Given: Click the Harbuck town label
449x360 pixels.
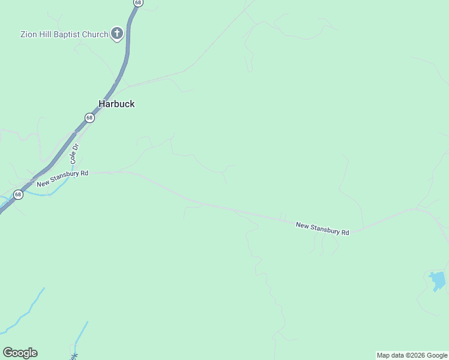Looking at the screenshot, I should click(x=116, y=104).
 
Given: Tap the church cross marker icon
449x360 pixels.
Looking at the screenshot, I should click(x=117, y=34).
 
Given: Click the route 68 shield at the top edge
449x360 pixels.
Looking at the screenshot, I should click(x=138, y=3).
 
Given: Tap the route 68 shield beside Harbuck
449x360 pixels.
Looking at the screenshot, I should click(x=89, y=118).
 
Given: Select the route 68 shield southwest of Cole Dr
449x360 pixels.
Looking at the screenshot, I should click(x=18, y=194).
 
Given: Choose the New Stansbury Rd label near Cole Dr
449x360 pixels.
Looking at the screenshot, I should click(x=62, y=178).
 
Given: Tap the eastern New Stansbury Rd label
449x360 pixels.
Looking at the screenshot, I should click(x=322, y=229).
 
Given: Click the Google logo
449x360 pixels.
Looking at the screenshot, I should click(x=20, y=353).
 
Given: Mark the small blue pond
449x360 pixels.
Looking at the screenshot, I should click(x=438, y=280).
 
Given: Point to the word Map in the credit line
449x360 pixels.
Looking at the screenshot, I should click(x=383, y=356).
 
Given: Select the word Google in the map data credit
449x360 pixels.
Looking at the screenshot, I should click(x=437, y=356).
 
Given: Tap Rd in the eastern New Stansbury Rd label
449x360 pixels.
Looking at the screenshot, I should click(x=345, y=232).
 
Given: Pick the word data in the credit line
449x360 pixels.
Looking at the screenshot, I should click(x=397, y=356).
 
